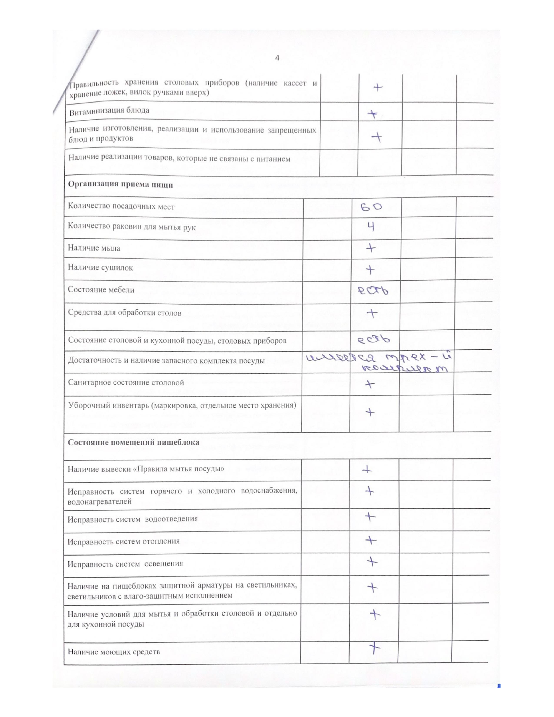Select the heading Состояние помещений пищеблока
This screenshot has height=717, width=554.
(x=133, y=442)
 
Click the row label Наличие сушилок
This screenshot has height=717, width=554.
(x=100, y=267)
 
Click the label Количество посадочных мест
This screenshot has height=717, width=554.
(x=121, y=207)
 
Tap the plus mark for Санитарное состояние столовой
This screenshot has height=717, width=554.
(x=370, y=384)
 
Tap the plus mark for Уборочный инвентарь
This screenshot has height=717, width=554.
(x=370, y=412)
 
